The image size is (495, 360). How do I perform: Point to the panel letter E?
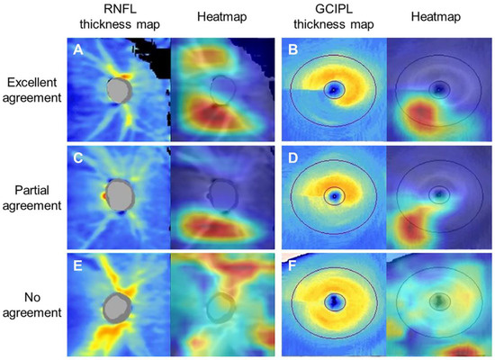pyautogui.click(x=78, y=267)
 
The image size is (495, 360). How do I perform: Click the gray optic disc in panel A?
pyautogui.click(x=118, y=90)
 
